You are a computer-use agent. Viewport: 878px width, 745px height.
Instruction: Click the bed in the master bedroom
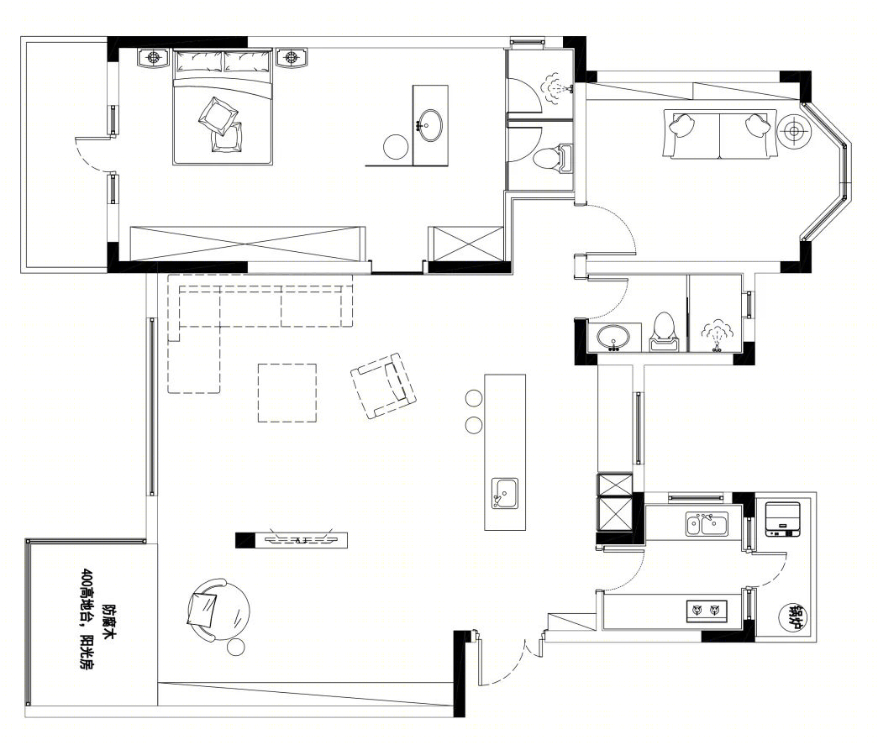[x=223, y=107]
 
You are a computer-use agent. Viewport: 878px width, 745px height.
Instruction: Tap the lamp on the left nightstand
[x=154, y=56]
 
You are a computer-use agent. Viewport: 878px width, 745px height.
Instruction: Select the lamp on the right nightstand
[x=291, y=56]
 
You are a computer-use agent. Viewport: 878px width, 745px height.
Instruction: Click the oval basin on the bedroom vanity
[x=429, y=125]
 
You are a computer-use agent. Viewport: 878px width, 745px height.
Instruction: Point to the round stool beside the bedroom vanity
[x=396, y=147]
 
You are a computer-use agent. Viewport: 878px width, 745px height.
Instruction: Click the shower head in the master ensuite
[x=556, y=88]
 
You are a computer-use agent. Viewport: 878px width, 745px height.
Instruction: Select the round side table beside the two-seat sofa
[x=793, y=131]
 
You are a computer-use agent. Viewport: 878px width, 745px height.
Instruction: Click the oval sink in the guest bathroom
[x=613, y=338]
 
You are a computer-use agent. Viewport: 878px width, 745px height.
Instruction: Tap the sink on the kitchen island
[x=504, y=493]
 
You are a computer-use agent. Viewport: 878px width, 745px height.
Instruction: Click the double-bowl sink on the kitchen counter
[x=707, y=524]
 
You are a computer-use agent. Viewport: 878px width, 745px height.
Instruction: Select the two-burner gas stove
[x=706, y=611]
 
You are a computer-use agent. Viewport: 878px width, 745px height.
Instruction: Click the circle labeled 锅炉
[x=794, y=616]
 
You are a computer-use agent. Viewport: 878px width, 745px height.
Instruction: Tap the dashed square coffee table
[x=287, y=393]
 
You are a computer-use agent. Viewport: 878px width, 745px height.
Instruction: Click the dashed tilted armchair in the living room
[x=384, y=385]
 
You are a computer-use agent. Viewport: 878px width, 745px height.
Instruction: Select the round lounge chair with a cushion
[x=218, y=610]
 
